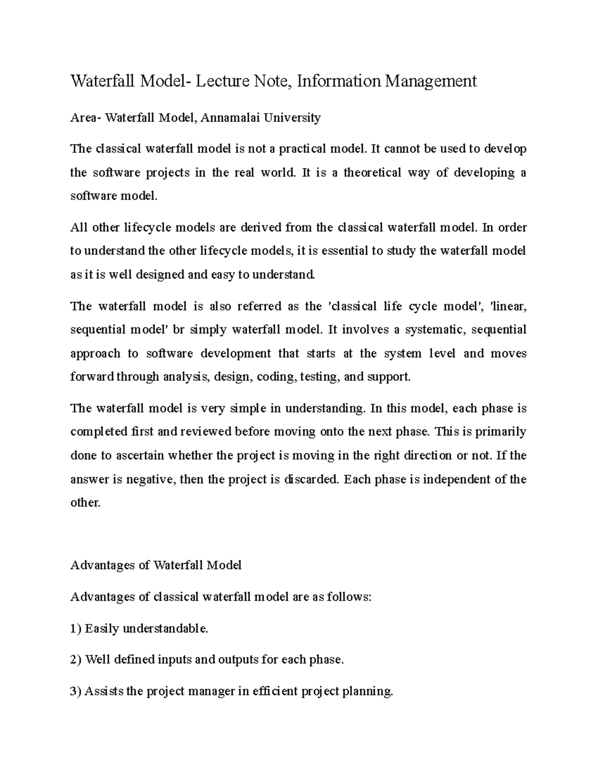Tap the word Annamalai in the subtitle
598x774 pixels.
click(x=232, y=118)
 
